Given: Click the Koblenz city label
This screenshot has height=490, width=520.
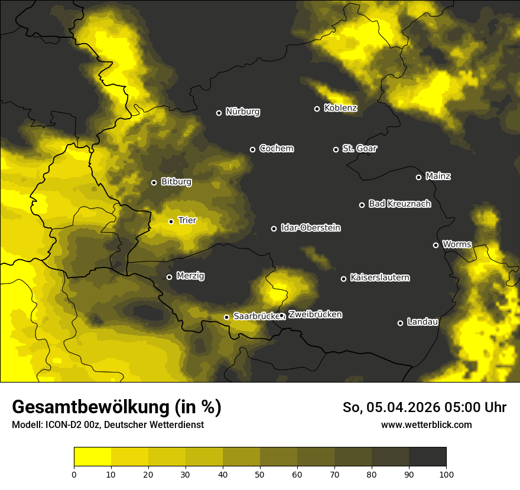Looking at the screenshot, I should tap(340, 109).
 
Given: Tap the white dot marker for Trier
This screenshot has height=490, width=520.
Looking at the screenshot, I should tap(171, 221).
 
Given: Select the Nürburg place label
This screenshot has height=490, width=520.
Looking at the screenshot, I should tap(242, 112).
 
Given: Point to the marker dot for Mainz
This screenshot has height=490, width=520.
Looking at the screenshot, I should tap(418, 177).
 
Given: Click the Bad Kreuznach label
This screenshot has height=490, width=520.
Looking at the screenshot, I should tap(399, 204).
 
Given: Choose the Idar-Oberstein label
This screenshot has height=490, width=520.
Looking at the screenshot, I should tap(310, 228).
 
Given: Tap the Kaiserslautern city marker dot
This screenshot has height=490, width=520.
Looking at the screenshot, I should tap(343, 279).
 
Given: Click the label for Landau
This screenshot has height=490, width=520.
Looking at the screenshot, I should tap(422, 322).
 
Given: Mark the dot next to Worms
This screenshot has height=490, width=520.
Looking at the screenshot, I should tap(435, 245).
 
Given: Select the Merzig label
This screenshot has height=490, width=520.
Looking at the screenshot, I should tap(190, 276).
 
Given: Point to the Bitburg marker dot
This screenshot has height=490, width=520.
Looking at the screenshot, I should tap(154, 182).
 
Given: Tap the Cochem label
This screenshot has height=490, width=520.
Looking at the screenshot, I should tap(276, 149).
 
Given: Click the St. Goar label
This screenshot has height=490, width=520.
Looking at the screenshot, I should tap(359, 149).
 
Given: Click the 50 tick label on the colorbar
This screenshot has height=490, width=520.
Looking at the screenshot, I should tap(260, 473).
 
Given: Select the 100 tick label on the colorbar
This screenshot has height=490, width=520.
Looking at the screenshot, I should tap(446, 473).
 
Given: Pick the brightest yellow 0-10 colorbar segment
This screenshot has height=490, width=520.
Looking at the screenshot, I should tap(92, 457).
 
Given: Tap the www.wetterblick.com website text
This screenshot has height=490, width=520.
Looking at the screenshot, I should tap(426, 424).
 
